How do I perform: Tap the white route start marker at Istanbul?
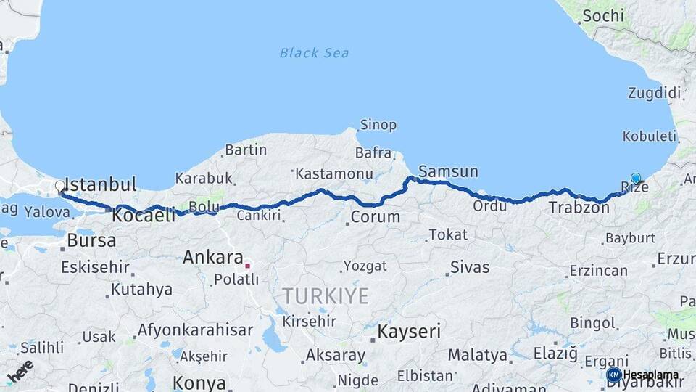(x=60, y=187)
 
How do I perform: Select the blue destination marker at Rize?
(x=636, y=178)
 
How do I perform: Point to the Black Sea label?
(x=314, y=52)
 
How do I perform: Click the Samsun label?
(x=449, y=172)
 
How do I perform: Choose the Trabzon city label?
(x=579, y=208)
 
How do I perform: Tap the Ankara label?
(x=212, y=257)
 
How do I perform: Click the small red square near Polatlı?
(x=247, y=266)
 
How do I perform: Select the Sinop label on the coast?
(x=378, y=125)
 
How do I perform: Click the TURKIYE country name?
(x=326, y=296)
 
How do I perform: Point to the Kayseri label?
(x=409, y=332)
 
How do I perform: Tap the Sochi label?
(x=602, y=15)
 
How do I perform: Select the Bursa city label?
(x=91, y=240)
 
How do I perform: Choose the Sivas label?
(x=470, y=266)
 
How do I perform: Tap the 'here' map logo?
(x=20, y=370)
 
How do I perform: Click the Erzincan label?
(x=598, y=271)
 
